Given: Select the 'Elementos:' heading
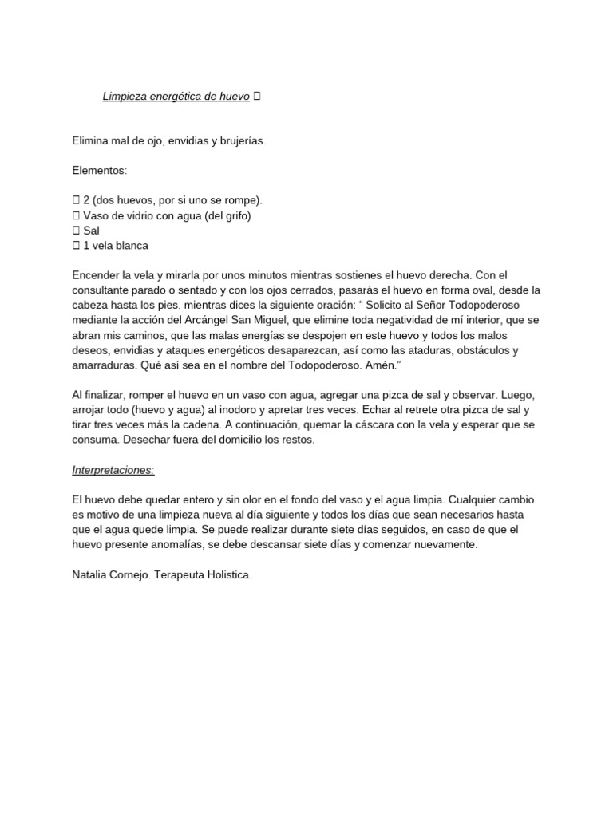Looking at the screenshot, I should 100,170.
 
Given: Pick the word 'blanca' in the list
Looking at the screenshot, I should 130,246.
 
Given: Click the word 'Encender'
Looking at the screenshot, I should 95,275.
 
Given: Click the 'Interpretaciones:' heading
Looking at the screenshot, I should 112,470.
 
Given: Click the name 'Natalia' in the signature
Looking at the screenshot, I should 90,574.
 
